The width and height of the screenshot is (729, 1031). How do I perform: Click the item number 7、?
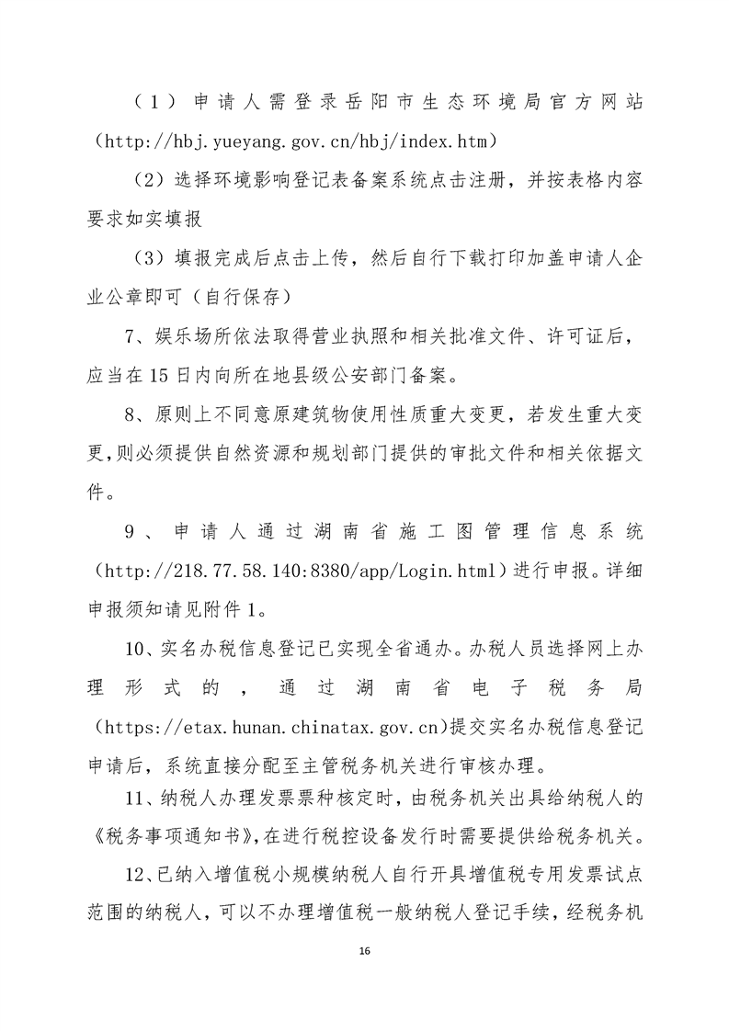(x=137, y=337)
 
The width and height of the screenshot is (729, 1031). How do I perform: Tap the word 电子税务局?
(x=558, y=689)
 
